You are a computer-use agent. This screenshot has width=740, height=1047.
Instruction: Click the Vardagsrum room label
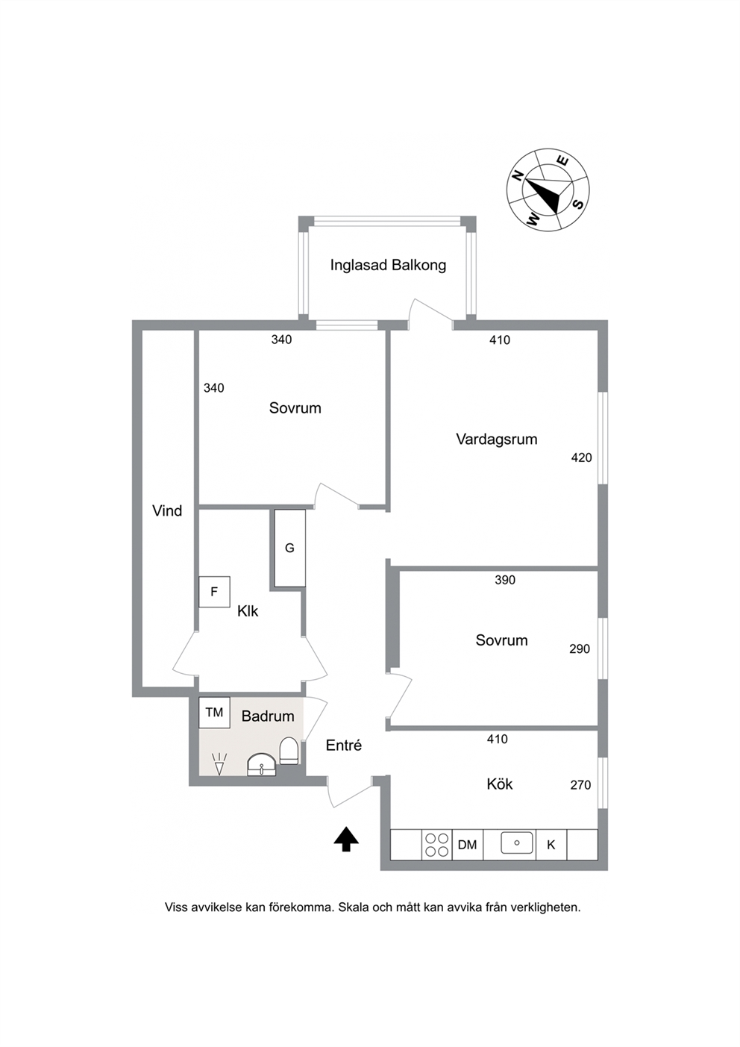coord(497,440)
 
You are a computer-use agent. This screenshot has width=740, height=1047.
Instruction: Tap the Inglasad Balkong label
coord(388,265)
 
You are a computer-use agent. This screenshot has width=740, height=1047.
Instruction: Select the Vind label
coord(167,511)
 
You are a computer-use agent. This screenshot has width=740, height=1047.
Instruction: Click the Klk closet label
coord(248,611)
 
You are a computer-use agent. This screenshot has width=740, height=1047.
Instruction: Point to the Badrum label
coord(268,716)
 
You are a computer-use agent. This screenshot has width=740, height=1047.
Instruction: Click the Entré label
coord(344,745)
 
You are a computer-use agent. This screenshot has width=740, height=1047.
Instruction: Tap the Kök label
coord(499,784)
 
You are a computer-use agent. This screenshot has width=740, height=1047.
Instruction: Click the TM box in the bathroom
coord(214,713)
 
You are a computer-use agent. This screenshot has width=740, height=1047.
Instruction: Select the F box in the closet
coord(214,592)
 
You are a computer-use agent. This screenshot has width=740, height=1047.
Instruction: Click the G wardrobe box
coord(289,548)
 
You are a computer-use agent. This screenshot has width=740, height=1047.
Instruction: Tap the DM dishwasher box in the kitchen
coord(468,845)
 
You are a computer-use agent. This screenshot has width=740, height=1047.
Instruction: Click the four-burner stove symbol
coord(437,845)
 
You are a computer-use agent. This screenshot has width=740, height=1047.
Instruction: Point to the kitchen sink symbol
coord(517,843)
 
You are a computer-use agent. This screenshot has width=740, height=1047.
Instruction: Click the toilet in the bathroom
coord(289,751)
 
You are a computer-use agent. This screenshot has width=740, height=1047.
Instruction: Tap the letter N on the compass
coord(518,176)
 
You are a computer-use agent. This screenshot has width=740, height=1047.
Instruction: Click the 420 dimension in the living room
coord(581,457)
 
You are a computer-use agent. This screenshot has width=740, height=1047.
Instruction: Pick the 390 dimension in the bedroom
coord(505,580)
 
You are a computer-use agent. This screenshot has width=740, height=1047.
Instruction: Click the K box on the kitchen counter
coord(551,845)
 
